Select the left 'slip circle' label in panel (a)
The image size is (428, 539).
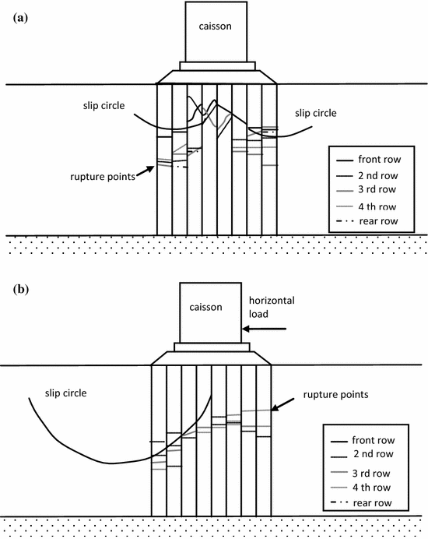tap(104, 104)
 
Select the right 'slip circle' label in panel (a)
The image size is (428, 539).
tap(316, 113)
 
